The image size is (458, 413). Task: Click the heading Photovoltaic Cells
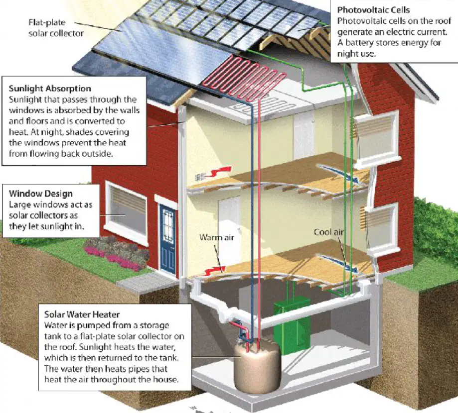click(x=373, y=10)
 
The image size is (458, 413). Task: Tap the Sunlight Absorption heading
click(x=50, y=89)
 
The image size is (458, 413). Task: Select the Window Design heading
click(x=40, y=194)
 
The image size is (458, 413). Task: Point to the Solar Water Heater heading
click(x=82, y=314)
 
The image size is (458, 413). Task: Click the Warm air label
click(x=217, y=237)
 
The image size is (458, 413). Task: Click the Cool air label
click(x=328, y=232)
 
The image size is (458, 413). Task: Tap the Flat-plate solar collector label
click(x=56, y=28)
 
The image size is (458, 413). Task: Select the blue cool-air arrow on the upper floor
click(x=338, y=173)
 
